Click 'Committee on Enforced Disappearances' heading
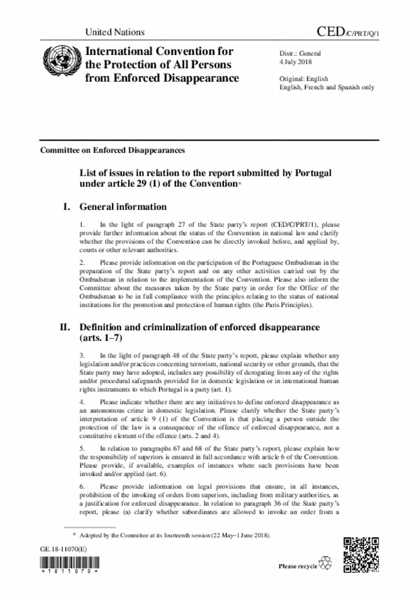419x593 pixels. coord(113,149)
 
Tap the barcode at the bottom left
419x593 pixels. coord(69,564)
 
